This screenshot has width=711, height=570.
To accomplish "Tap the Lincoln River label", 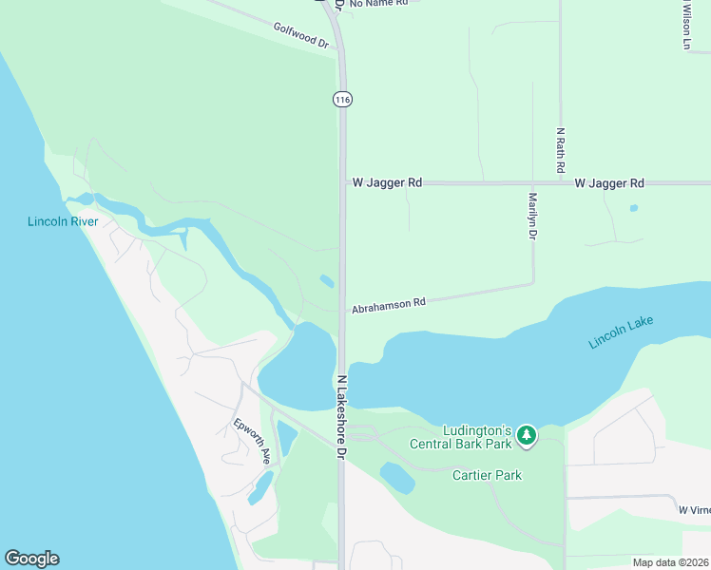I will point(64,221).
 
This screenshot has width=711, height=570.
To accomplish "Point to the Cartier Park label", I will point(487,475).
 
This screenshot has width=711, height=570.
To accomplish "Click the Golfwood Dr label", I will point(300,36).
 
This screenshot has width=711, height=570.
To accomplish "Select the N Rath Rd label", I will point(561,150).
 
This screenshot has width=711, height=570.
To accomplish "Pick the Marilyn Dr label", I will point(533,217).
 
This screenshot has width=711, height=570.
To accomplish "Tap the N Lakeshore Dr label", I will point(340,418).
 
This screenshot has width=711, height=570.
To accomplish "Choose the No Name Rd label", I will point(378,4).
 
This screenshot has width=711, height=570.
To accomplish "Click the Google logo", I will point(31,559).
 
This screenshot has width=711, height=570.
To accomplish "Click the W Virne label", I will point(694,510).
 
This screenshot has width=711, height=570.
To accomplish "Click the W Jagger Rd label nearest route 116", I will point(387,182).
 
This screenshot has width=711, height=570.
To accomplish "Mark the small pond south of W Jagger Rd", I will point(634,208).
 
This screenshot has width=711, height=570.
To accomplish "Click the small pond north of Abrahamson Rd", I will point(327,280).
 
